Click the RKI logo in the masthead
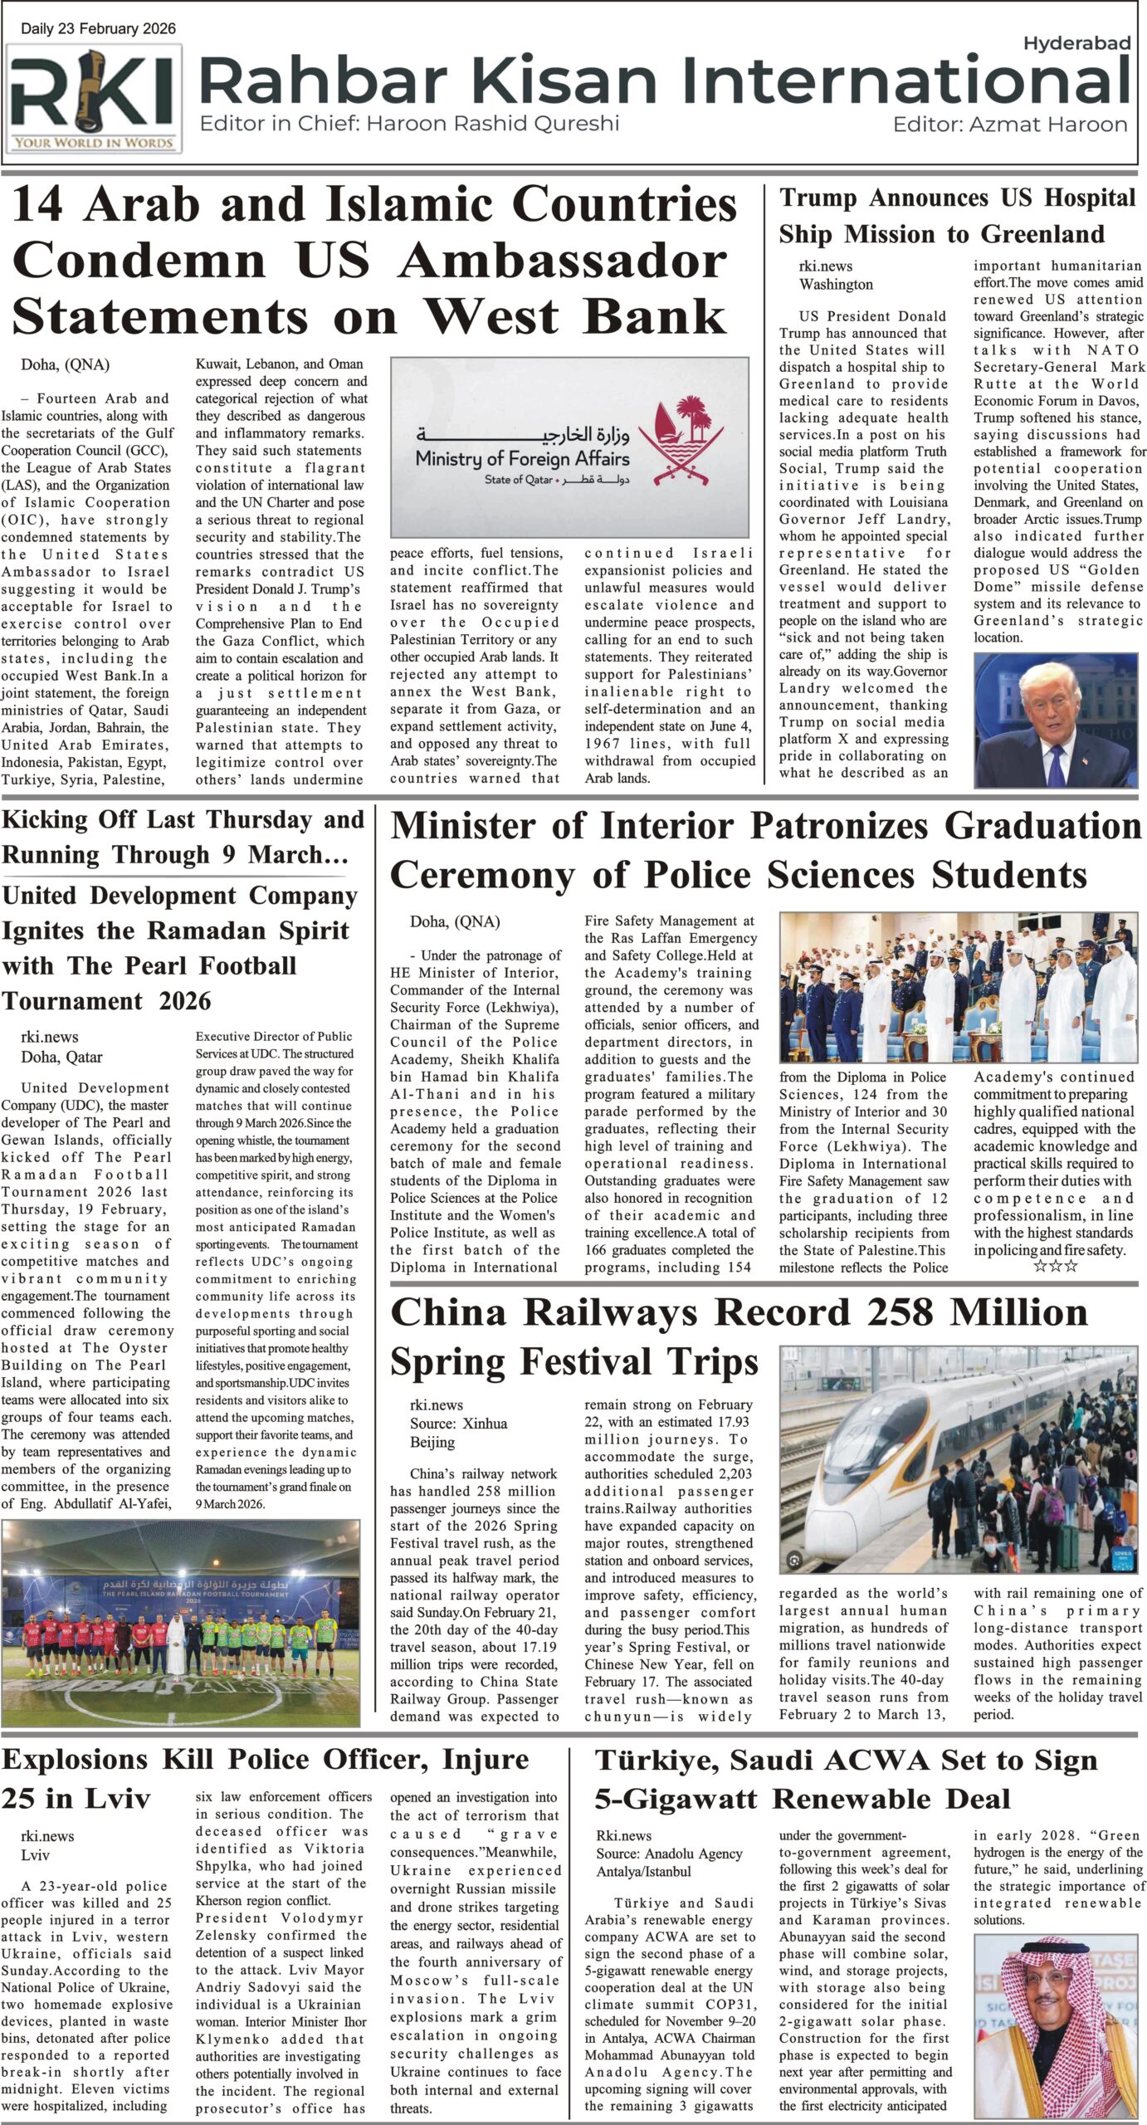click(x=95, y=97)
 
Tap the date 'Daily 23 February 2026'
click(x=98, y=29)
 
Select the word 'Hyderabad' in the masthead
click(x=1076, y=43)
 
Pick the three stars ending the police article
click(x=1055, y=1266)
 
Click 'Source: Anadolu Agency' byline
click(x=669, y=1854)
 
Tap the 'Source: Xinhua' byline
click(x=458, y=1423)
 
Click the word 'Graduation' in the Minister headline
click(x=1043, y=827)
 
